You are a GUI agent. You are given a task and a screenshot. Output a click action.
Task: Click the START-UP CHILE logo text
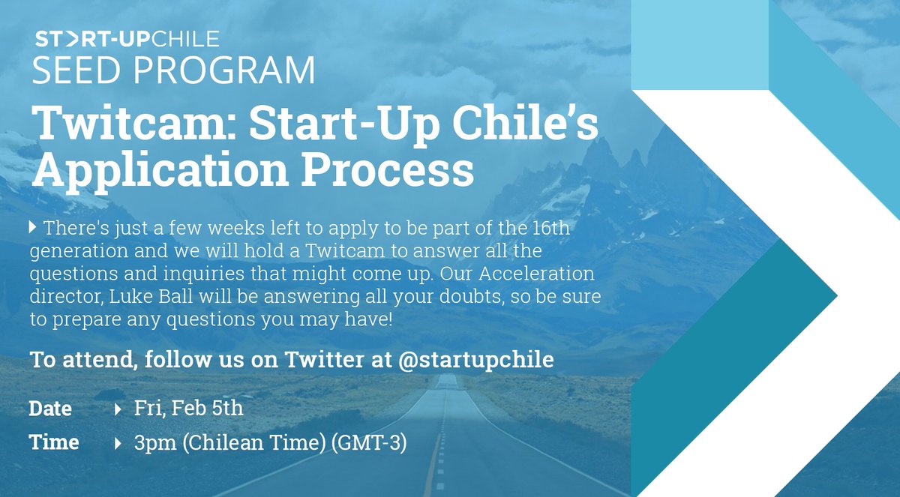[127, 38]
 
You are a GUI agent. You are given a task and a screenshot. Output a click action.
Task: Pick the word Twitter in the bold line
[334, 359]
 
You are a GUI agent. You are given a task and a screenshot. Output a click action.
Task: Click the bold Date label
[50, 409]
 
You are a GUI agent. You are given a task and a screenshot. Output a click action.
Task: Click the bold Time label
[53, 443]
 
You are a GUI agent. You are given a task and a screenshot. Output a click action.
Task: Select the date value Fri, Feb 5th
[188, 409]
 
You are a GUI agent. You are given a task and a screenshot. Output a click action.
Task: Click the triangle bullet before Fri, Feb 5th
[118, 409]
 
